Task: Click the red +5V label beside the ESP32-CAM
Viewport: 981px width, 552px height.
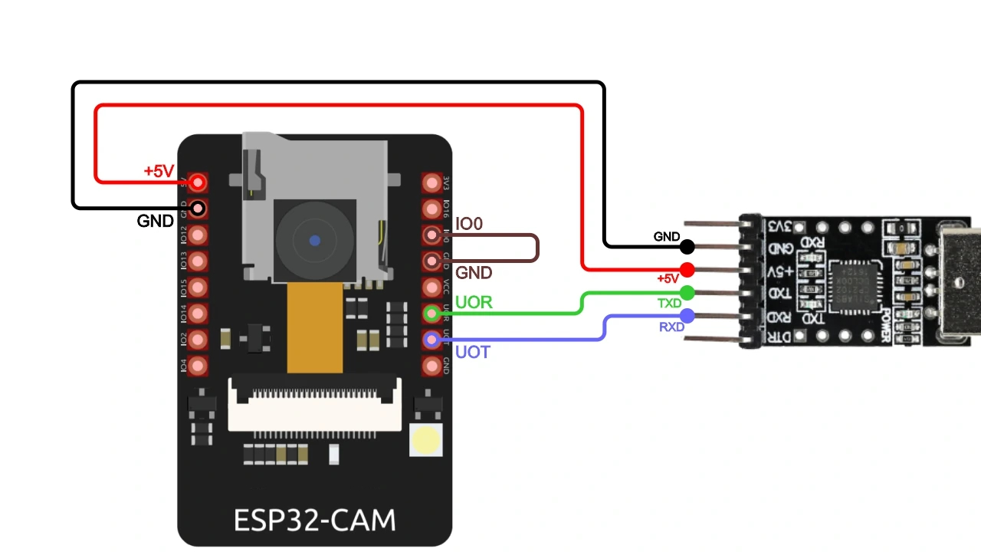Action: point(159,171)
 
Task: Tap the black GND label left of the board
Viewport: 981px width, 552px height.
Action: point(155,221)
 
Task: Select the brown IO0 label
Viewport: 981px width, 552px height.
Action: point(469,224)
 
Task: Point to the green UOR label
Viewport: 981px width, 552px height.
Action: point(474,302)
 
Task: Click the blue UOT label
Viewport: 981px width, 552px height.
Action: point(472,353)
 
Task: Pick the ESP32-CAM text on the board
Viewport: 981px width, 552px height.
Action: point(314,521)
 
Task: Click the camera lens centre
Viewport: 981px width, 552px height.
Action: point(314,241)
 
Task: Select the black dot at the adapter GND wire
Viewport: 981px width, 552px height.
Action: point(687,247)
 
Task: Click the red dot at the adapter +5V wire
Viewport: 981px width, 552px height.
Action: point(687,270)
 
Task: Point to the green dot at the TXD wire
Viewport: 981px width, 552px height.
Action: point(687,292)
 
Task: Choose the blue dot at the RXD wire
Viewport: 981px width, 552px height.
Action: point(687,315)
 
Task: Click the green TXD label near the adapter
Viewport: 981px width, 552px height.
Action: point(669,304)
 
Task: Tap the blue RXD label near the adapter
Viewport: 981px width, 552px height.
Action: point(671,327)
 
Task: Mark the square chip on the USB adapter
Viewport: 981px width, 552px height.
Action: point(853,286)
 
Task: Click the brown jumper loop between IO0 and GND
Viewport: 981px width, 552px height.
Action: point(536,248)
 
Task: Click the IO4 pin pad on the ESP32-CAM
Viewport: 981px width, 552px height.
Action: point(198,366)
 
